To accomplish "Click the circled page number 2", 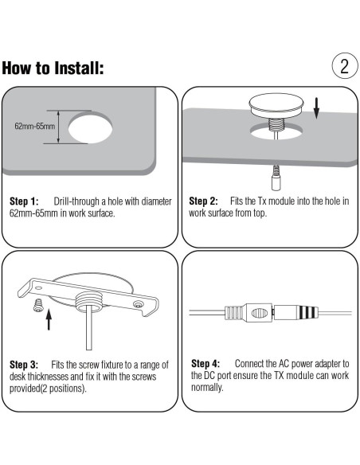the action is (345, 66).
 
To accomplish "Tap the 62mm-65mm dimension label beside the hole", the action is (35, 127).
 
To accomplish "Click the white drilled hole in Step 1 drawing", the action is (90, 129).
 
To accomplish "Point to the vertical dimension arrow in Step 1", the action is (58, 127).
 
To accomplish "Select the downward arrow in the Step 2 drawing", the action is (316, 108).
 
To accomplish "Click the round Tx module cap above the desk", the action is (276, 106).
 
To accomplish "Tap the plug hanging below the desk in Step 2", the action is (276, 178).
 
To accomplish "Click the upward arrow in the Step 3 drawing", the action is (49, 320).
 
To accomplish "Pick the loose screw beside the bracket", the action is (38, 305).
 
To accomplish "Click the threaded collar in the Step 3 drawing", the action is (89, 301).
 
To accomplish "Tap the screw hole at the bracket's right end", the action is (138, 304).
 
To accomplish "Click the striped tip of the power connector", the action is (307, 312).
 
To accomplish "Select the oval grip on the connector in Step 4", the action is (259, 313).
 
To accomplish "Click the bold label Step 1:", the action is (24, 201).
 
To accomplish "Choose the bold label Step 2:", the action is (203, 201).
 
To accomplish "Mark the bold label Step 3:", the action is (24, 365).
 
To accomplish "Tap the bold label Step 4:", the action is (205, 364).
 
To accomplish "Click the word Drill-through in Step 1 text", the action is (76, 201).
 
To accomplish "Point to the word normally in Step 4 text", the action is (207, 387).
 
